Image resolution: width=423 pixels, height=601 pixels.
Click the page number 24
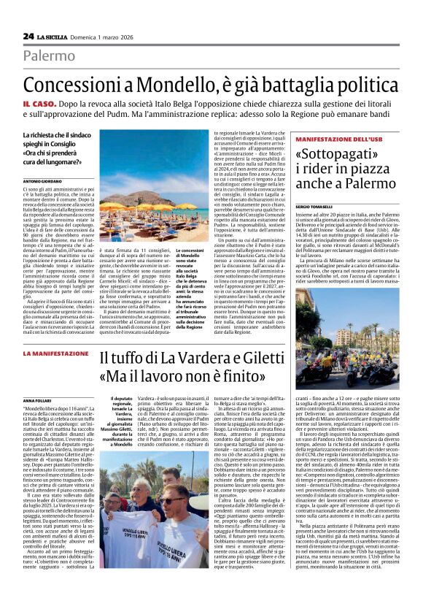(x=28, y=36)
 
